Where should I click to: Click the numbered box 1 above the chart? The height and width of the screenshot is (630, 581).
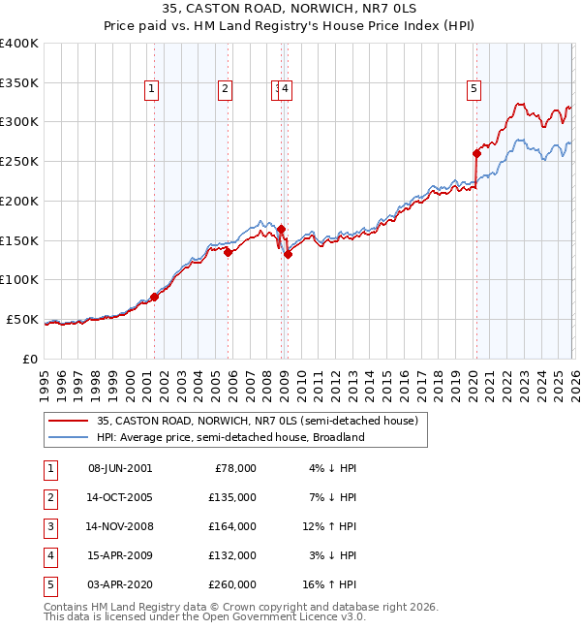tap(153, 90)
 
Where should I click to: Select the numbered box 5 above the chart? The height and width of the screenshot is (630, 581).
tap(474, 90)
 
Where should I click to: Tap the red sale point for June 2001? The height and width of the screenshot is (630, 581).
tap(154, 297)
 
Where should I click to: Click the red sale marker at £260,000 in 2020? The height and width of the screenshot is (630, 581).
tap(476, 153)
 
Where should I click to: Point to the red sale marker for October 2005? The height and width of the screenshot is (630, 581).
tap(229, 252)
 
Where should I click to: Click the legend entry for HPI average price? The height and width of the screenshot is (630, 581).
tap(229, 437)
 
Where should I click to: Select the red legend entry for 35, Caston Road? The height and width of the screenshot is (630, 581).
tap(257, 421)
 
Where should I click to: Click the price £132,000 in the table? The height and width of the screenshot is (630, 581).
tap(233, 554)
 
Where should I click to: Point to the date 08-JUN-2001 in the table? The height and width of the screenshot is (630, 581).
tap(120, 467)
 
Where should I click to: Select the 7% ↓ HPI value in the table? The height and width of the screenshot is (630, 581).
tap(333, 496)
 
